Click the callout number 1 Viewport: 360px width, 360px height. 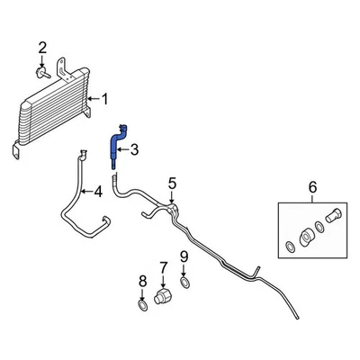coord(105,99)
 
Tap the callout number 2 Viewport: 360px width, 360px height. coord(41,47)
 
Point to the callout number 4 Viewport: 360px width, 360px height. coord(97,191)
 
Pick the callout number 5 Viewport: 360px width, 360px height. coord(173,185)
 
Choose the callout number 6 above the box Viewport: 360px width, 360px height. coord(312,187)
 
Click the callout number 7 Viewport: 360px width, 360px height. coord(164,266)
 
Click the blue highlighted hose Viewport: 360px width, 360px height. coord(117,144)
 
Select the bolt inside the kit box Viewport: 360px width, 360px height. coord(330,217)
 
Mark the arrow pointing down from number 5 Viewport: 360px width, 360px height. coord(173,198)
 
